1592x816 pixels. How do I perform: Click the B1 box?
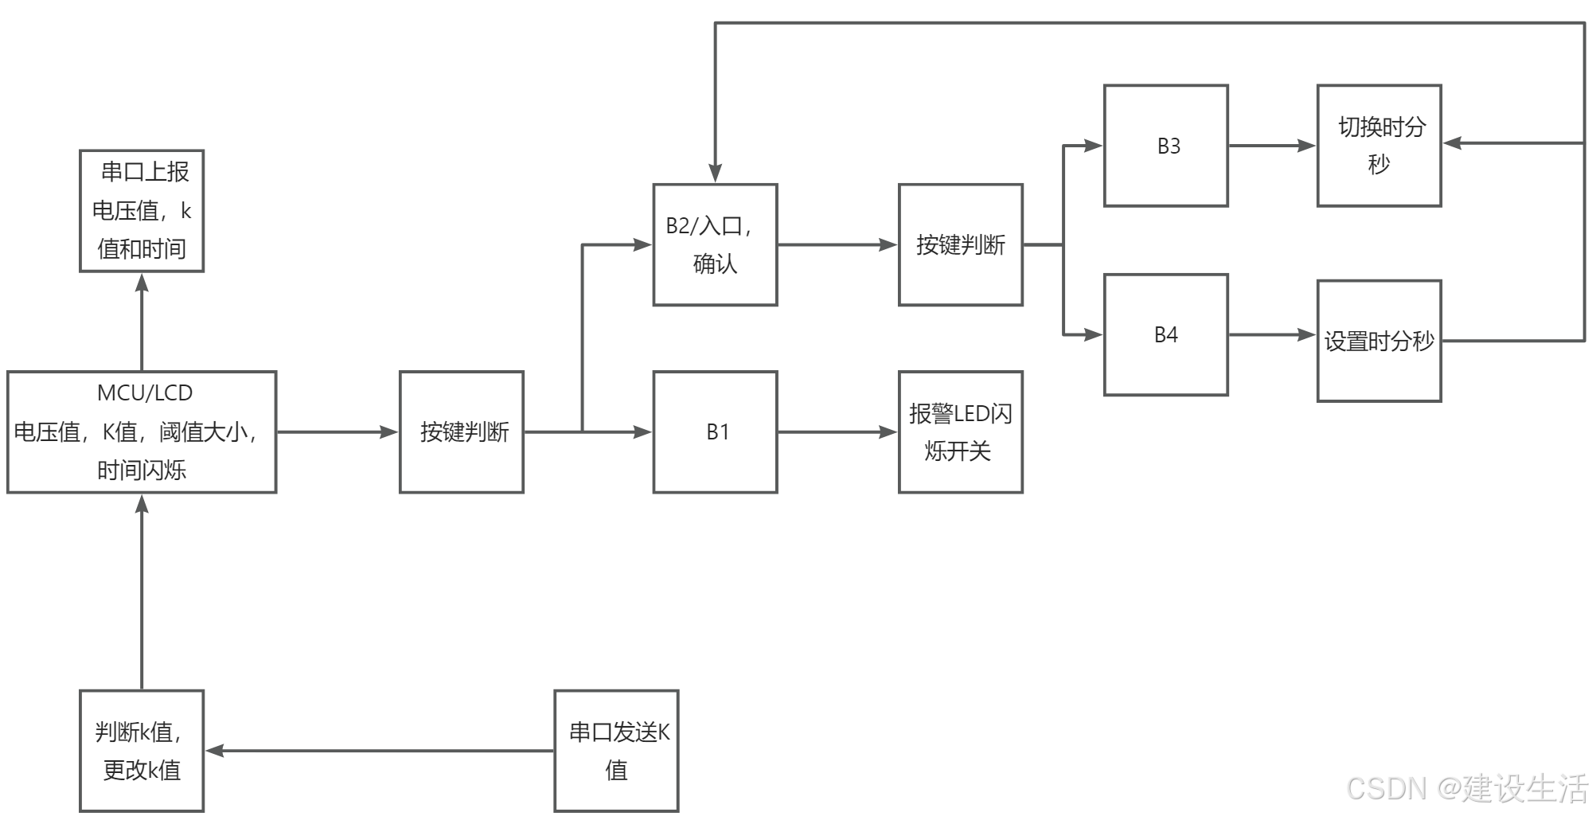[715, 432]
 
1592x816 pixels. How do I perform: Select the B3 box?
[1165, 146]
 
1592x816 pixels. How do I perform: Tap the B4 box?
[1165, 335]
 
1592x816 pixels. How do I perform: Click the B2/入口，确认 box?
[715, 245]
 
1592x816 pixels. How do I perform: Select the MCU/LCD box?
[142, 432]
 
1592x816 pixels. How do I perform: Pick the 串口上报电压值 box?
[142, 211]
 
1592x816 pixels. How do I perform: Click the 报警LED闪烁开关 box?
[961, 432]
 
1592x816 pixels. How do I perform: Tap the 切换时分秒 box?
[1379, 146]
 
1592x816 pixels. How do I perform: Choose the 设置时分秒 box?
[1379, 341]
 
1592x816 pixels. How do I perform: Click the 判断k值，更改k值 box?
[142, 751]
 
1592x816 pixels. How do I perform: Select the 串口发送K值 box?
[617, 751]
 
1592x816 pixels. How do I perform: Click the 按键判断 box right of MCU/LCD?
[462, 432]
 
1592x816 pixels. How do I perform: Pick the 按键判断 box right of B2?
[961, 245]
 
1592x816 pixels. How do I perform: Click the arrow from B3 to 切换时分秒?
[1272, 146]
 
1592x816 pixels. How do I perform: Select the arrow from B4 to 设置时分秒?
[1272, 335]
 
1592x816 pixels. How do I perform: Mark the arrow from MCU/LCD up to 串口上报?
[142, 322]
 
